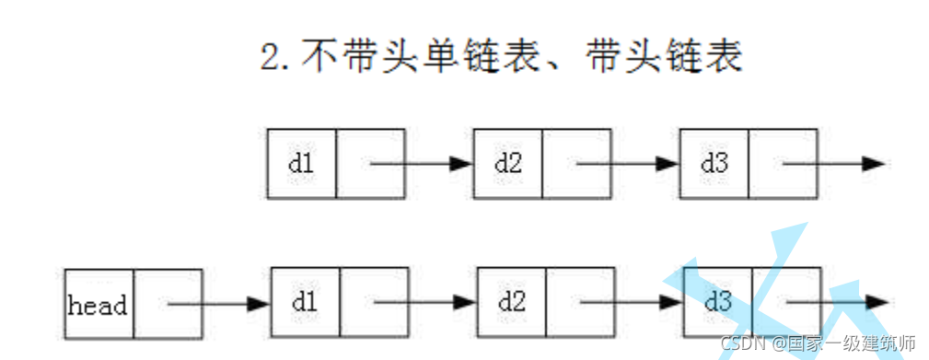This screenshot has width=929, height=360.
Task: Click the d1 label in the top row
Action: coord(301,164)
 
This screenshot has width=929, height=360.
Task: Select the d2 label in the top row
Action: coord(507,164)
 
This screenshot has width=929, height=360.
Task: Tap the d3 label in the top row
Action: coord(714,164)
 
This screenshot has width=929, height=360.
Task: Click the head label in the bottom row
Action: coord(99,304)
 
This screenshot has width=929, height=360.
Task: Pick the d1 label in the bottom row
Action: coord(305,303)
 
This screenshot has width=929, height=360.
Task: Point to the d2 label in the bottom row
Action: coord(511,303)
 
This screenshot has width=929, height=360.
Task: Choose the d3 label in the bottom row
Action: coord(717,303)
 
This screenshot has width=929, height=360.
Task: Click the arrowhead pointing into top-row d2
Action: coord(461,164)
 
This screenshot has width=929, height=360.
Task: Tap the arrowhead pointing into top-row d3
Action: coord(668,164)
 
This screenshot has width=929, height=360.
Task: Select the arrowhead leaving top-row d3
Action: coord(874,164)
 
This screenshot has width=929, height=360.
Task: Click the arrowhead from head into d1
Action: coord(259,303)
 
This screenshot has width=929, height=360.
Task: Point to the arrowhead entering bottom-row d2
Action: coord(465,303)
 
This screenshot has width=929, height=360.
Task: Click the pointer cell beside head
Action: coord(168,304)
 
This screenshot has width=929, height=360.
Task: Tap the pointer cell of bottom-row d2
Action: coord(579,303)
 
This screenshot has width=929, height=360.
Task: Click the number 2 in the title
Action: coord(272,57)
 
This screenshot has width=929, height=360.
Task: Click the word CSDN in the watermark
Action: coord(737,343)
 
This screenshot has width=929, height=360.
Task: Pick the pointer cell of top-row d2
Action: coord(576,164)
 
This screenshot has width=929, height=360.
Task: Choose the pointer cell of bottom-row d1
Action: coord(373,303)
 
